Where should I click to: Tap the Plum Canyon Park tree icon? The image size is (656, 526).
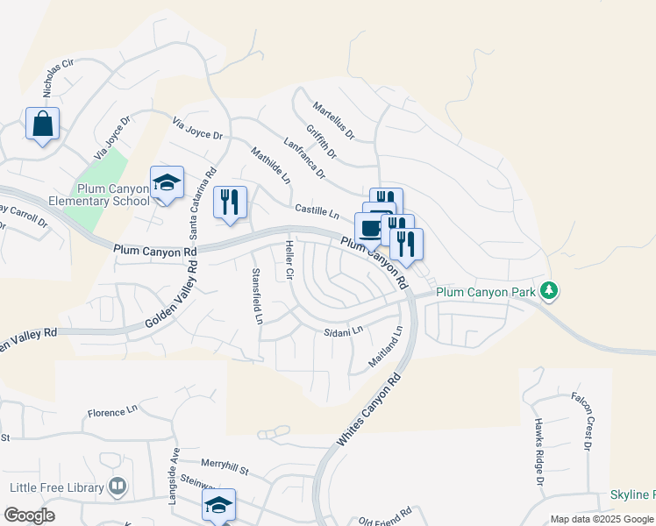549,290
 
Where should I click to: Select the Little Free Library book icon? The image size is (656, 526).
118,487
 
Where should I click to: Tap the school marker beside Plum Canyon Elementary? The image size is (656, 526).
167,182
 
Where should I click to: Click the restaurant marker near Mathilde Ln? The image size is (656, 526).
230,202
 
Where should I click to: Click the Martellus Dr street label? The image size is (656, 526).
333,121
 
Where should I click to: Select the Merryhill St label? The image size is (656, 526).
225,469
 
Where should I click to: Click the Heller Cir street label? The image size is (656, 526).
288,260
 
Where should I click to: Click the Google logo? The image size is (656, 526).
29,515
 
